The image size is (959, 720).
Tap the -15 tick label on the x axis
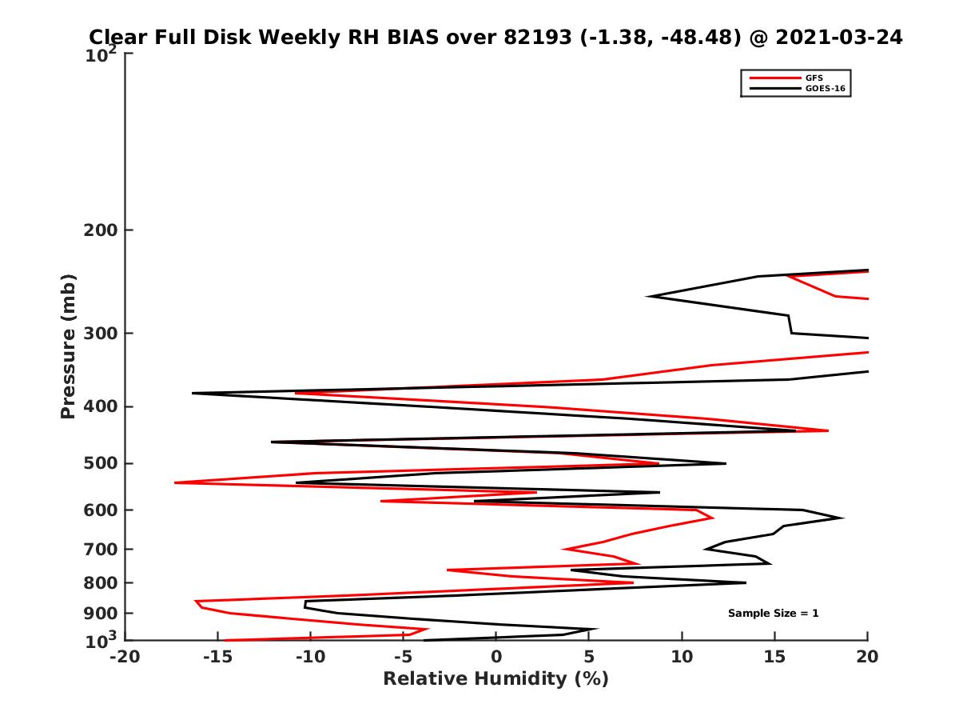pos(217,657)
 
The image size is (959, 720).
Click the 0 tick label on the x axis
pos(496,657)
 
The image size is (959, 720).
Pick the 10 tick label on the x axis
pos(682,657)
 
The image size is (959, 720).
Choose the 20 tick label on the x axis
pos(867,657)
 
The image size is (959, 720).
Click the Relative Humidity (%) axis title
pos(495,679)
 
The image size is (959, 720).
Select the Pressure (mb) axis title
pos(68,346)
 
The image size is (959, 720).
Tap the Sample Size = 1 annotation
pos(773,614)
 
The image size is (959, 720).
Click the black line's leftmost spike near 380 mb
pos(193,393)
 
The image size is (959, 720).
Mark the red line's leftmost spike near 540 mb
pos(175,482)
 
